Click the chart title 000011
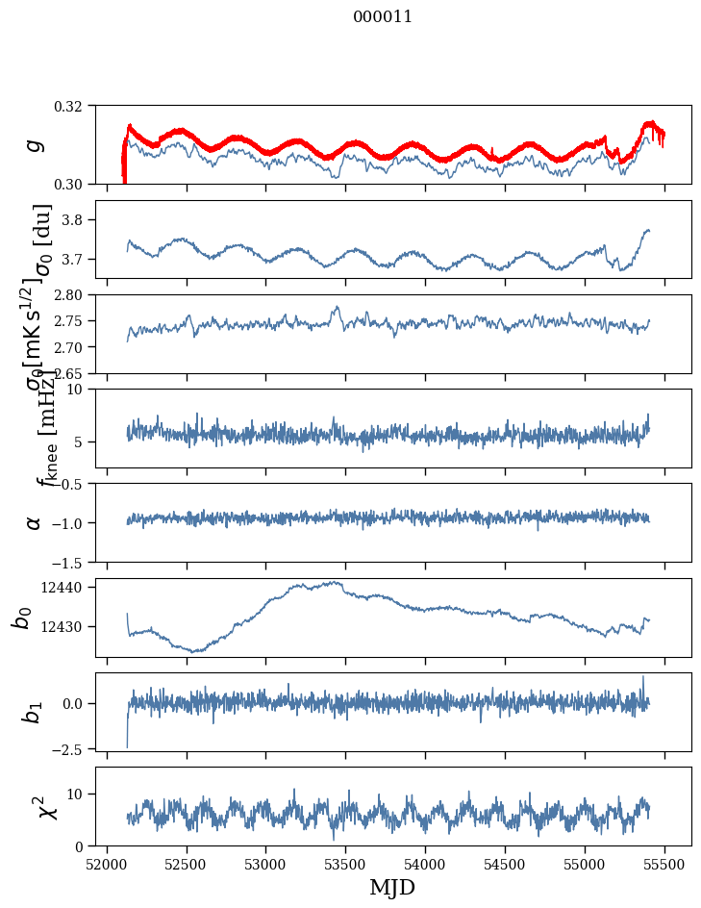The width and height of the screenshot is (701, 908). [x=383, y=16]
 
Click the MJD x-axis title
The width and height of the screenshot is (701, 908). [x=392, y=888]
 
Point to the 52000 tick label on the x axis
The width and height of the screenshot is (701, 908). [x=107, y=865]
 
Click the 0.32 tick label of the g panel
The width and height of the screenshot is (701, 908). [x=76, y=106]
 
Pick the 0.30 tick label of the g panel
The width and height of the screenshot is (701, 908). [x=76, y=184]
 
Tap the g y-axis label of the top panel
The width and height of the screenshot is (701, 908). [x=36, y=144]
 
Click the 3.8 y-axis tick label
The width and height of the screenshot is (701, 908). [x=79, y=220]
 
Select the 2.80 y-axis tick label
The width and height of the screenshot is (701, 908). [x=76, y=294]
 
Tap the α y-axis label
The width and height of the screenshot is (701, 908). [x=35, y=522]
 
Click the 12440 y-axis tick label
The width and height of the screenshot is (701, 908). [x=69, y=587]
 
